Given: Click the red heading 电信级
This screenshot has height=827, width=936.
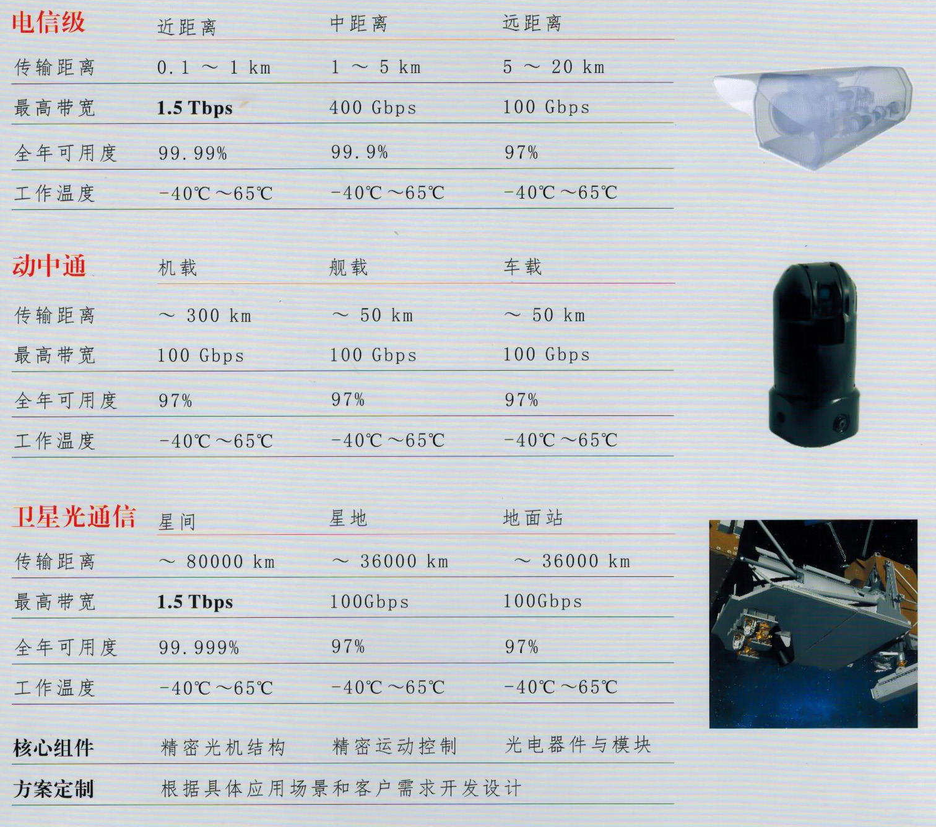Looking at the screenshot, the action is click(x=48, y=23).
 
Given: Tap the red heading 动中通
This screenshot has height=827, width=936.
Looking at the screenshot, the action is click(x=49, y=266).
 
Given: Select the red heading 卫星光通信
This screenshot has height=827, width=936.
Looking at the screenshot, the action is click(x=74, y=516).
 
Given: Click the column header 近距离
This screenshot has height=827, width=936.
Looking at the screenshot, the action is click(x=187, y=27).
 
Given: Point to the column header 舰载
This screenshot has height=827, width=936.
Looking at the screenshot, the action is click(x=349, y=267).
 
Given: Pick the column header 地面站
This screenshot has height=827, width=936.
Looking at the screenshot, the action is click(x=532, y=517).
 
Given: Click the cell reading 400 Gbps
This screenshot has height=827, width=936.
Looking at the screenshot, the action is click(x=373, y=108).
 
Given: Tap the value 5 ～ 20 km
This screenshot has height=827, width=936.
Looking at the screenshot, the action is click(x=554, y=67).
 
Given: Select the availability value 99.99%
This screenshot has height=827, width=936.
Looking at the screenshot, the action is click(x=193, y=153).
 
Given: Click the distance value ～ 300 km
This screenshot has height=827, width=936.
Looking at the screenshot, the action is click(x=205, y=316).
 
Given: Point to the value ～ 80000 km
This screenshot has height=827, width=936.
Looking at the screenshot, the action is click(x=217, y=562).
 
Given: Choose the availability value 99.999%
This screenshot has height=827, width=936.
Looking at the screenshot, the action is click(x=199, y=647).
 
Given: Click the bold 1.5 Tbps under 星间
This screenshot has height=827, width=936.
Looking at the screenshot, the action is click(x=195, y=602).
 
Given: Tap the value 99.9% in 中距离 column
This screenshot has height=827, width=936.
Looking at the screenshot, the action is click(x=360, y=152).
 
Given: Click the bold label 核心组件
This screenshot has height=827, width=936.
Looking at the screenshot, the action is click(x=54, y=748).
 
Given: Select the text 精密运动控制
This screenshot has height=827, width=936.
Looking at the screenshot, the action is click(x=394, y=746).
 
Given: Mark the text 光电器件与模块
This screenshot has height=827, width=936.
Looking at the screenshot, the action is click(x=578, y=745).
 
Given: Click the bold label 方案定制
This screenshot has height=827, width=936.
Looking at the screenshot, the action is click(x=54, y=789).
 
